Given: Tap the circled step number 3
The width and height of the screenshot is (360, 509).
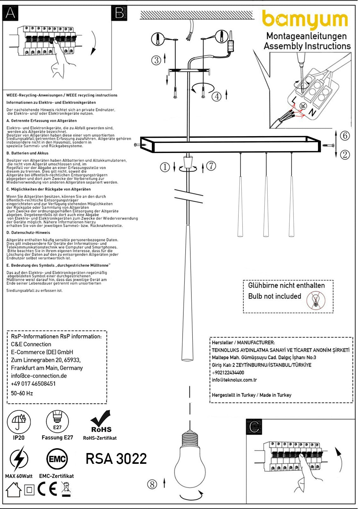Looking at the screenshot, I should [x=156, y=60].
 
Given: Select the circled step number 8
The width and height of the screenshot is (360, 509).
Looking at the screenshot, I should [x=152, y=484].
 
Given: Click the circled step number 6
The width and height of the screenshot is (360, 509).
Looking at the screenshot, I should [x=345, y=136].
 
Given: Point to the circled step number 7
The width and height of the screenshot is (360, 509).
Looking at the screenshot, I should [x=211, y=166].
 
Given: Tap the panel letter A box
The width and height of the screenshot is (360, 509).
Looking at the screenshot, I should [x=10, y=13].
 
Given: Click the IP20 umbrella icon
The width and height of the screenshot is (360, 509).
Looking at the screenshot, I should [x=19, y=422].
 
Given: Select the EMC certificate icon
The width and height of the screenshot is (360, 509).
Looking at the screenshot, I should [x=57, y=459].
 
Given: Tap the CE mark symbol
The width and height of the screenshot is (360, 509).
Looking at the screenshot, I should [x=47, y=489].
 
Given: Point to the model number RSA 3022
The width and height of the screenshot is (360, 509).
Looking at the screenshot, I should [x=116, y=459].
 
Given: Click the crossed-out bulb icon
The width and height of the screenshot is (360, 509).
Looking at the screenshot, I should [x=316, y=300].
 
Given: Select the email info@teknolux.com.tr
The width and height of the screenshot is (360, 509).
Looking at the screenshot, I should [x=234, y=380].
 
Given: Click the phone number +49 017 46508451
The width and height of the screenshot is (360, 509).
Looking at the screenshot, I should [x=33, y=384].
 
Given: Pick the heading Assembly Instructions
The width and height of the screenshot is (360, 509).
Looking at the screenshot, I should [x=307, y=46].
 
